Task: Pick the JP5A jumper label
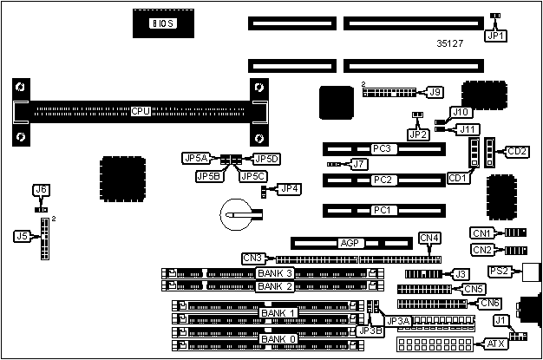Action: [195, 158]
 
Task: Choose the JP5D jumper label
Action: [266, 158]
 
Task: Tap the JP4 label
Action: [290, 188]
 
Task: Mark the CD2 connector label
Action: [517, 152]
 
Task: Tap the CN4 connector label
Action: [429, 238]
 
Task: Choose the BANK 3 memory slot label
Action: [276, 273]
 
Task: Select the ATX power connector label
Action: [495, 344]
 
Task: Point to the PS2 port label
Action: [499, 272]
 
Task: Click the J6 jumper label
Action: [40, 190]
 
